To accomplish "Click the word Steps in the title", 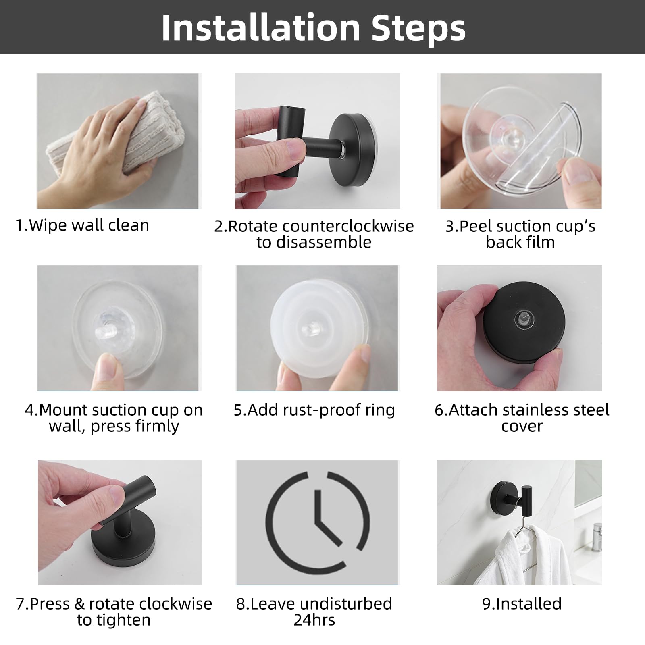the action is (x=419, y=28).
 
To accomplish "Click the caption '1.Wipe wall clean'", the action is (x=82, y=225).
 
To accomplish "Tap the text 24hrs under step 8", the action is (x=314, y=620).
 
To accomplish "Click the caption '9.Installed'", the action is (x=522, y=604).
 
